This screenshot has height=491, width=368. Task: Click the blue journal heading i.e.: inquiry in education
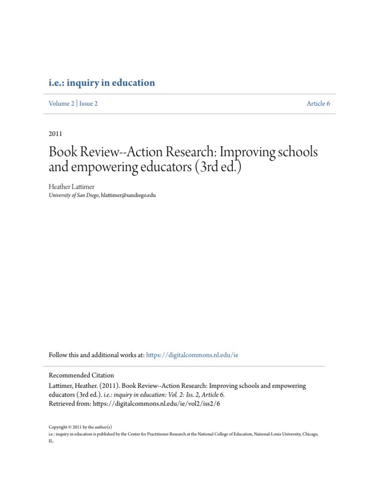[x=102, y=83]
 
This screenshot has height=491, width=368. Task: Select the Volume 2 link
[x=61, y=104]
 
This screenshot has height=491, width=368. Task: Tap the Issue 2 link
[x=88, y=104]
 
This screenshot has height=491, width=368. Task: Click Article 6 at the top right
[x=318, y=104]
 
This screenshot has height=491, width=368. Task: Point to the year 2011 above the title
[x=56, y=134]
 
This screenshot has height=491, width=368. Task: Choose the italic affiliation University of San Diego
[x=74, y=195]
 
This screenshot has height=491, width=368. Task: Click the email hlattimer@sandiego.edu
[x=128, y=195]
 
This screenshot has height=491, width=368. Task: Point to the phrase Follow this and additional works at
[x=96, y=355]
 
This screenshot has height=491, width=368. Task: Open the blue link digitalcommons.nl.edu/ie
[x=192, y=355]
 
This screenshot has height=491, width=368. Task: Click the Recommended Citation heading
[x=81, y=375]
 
